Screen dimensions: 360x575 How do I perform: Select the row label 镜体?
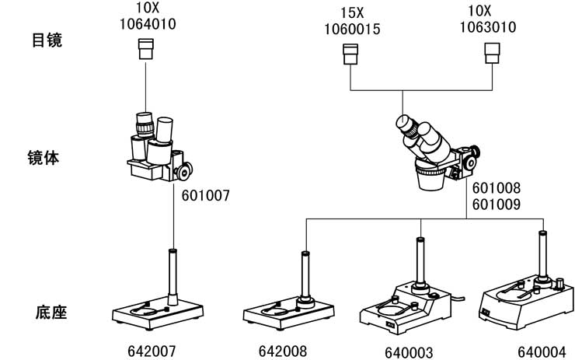pyautogui.click(x=47, y=158)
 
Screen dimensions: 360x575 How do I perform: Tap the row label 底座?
pyautogui.click(x=47, y=313)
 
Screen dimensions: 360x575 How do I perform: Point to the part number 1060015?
pyautogui.click(x=350, y=29)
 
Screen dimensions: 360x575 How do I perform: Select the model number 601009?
pyautogui.click(x=497, y=205)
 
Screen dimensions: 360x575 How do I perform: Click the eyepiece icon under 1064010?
pyautogui.click(x=145, y=50)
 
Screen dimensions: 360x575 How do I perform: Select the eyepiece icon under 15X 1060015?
pyautogui.click(x=351, y=54)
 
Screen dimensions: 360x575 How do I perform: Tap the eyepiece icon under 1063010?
pyautogui.click(x=492, y=54)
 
